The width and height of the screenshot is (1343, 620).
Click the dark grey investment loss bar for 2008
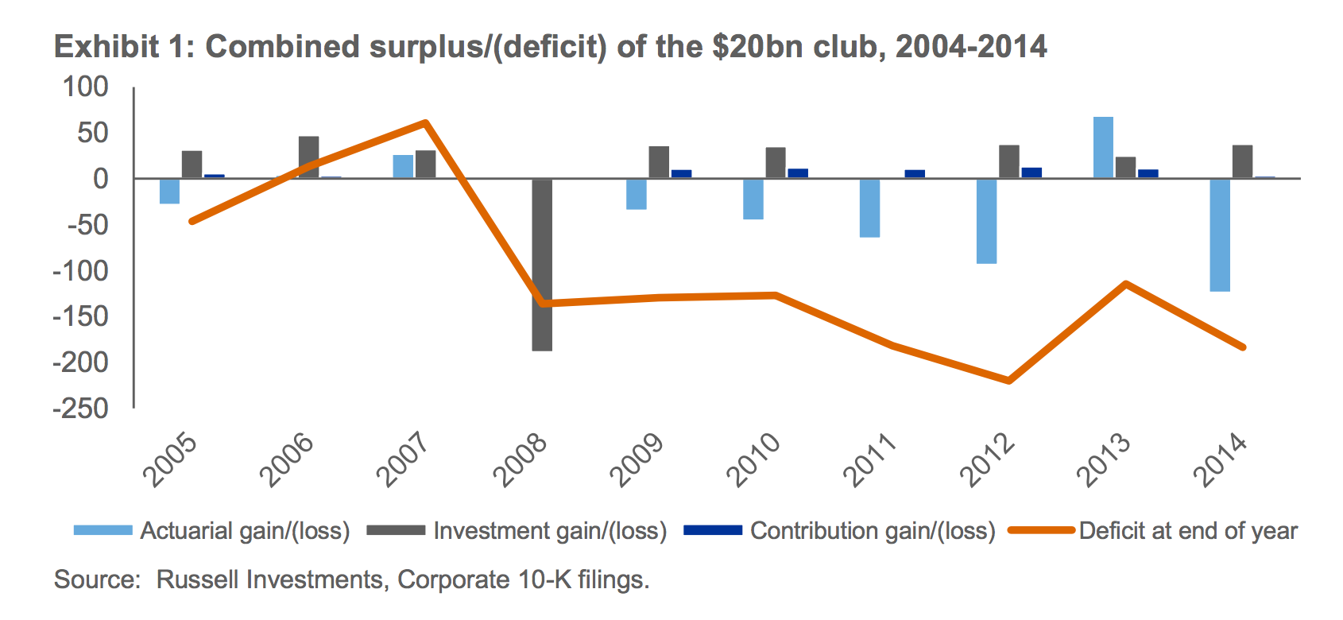(x=542, y=265)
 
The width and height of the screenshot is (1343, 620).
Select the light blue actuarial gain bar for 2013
(x=1103, y=148)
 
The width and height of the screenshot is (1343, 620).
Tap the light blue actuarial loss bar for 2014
(x=1220, y=235)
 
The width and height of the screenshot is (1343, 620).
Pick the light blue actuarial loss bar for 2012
(x=986, y=221)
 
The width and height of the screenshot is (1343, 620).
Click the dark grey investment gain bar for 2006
(x=308, y=157)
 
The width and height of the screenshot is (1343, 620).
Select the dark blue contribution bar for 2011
(x=915, y=173)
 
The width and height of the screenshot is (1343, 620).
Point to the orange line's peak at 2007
(x=426, y=122)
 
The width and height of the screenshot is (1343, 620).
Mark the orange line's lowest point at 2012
(x=1009, y=381)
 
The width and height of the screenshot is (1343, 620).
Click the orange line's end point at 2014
(x=1243, y=347)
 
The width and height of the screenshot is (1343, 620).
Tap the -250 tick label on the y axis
(x=80, y=409)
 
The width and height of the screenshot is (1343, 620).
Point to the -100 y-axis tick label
(x=80, y=271)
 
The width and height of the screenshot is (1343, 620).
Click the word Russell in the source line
(x=197, y=579)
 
